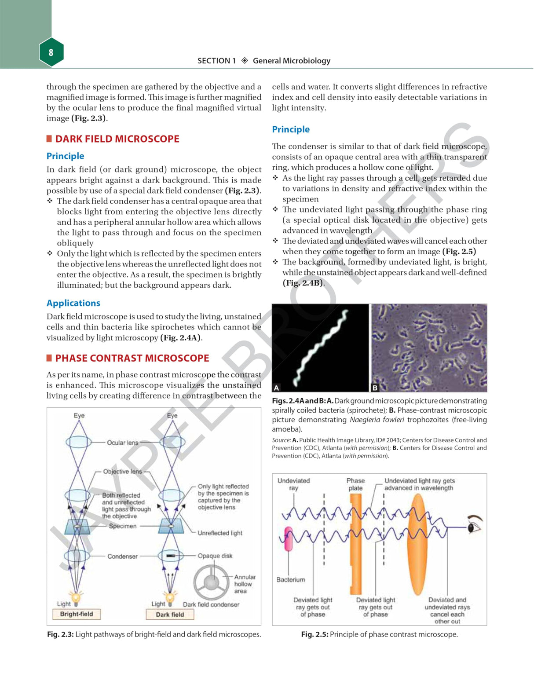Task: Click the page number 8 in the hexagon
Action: coord(51,52)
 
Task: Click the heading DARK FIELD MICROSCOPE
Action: coord(117,139)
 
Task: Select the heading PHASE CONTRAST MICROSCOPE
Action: coord(132,358)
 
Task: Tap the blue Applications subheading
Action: coord(73,303)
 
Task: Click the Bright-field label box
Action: coord(77,614)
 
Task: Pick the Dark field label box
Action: coord(170,615)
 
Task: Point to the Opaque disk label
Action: coord(215,556)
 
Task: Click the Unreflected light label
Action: coord(220,533)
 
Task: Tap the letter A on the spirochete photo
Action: coord(277,388)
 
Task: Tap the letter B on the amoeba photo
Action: coord(375,388)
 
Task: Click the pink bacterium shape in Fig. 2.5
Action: coord(289,539)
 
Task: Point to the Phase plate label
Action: coord(355,484)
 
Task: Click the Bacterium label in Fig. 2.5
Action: coord(290,580)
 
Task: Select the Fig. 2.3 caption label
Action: coord(60,634)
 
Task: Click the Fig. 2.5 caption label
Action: coord(315,634)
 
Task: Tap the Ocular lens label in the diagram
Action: coord(122,443)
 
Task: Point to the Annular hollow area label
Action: coord(244,584)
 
